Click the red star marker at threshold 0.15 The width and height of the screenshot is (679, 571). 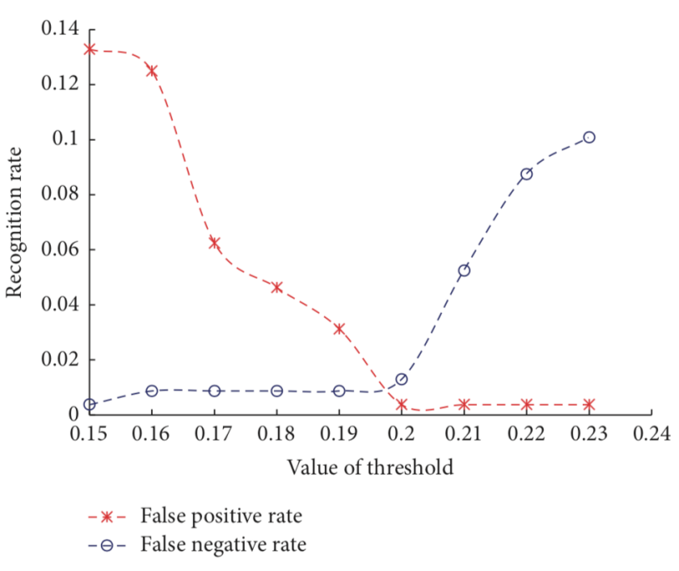click(90, 49)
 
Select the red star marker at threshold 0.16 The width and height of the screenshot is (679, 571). click(152, 71)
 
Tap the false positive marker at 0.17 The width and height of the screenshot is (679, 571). click(214, 243)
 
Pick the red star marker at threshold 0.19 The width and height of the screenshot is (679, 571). click(339, 328)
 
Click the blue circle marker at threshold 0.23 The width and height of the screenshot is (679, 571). click(588, 137)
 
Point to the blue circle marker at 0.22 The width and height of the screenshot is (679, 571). click(526, 174)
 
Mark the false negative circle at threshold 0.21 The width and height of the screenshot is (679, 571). click(464, 270)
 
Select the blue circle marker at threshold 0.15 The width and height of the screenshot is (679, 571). click(90, 404)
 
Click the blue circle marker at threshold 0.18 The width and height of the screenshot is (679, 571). click(276, 391)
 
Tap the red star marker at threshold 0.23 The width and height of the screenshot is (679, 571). click(588, 404)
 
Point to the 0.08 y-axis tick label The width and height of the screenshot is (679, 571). click(60, 195)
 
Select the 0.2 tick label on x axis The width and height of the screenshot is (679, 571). click(402, 435)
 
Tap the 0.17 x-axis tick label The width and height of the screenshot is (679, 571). click(214, 435)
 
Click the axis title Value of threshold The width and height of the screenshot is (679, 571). click(369, 467)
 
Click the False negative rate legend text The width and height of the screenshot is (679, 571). click(223, 545)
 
